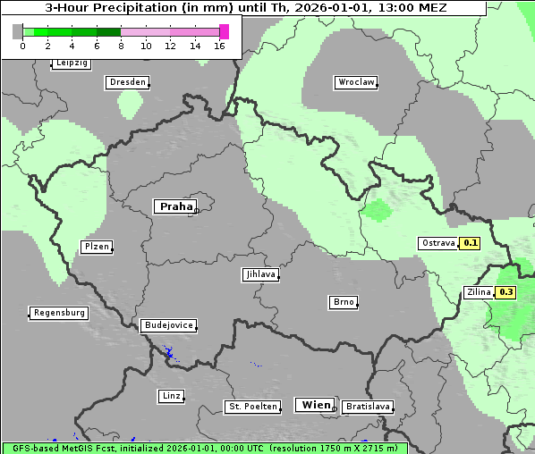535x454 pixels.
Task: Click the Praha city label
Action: [175, 206]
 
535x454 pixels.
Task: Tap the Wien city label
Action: [316, 405]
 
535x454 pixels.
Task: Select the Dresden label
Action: [127, 82]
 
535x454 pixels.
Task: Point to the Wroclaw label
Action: [355, 82]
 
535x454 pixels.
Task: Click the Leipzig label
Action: [72, 63]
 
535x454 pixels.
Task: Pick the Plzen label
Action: [96, 247]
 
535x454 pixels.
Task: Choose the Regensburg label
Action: [59, 313]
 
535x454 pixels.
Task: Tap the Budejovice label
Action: [168, 325]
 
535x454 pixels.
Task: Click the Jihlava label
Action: [259, 275]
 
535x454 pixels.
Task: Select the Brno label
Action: [344, 302]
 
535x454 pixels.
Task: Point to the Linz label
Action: [171, 396]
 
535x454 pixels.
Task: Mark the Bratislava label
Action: [367, 407]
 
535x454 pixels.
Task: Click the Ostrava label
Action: [438, 243]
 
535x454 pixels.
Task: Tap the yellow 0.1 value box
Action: [471, 243]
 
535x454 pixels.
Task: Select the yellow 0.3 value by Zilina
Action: [506, 292]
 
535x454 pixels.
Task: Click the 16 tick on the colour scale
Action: [219, 46]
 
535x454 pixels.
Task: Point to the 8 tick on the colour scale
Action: [121, 46]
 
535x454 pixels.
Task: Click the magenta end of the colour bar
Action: [224, 31]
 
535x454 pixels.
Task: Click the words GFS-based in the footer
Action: [30, 449]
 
